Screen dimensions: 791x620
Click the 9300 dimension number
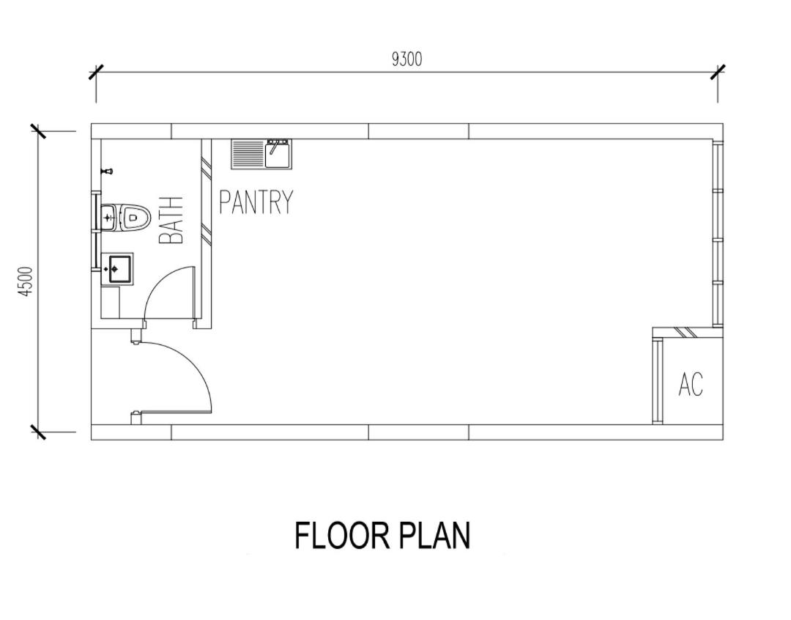click(406, 59)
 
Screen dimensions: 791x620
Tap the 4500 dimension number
click(26, 282)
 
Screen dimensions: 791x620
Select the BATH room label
click(171, 221)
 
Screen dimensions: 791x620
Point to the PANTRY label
click(256, 202)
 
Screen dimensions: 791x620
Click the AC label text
click(691, 384)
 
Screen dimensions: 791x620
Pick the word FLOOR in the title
click(341, 536)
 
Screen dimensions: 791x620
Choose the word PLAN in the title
click(435, 536)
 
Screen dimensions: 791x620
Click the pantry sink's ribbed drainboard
click(248, 154)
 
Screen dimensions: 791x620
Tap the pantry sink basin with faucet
click(278, 154)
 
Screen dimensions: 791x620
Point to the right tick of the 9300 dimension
click(718, 73)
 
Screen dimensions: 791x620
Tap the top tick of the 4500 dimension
click(39, 131)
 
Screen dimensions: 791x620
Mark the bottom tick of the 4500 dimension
click(39, 432)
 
